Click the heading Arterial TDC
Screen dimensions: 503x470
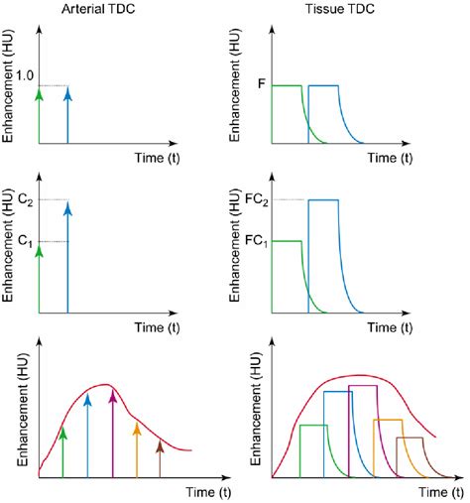tap(99, 9)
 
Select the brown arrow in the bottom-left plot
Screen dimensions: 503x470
tap(160, 458)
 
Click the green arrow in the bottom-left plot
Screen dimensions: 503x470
tap(62, 450)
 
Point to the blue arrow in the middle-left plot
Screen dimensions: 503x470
tap(67, 258)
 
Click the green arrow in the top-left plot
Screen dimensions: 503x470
tap(40, 114)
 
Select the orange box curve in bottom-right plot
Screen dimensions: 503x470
tap(387, 420)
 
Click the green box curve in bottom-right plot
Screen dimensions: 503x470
tap(312, 425)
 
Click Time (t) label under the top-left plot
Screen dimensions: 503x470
tap(161, 158)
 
